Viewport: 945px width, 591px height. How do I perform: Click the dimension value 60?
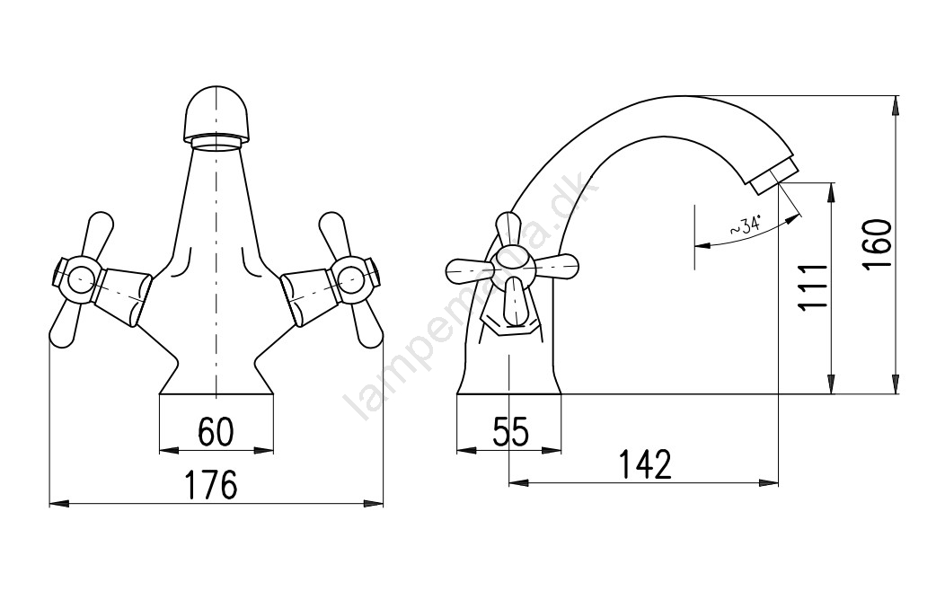click(216, 430)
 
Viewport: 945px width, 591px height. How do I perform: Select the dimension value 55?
click(510, 431)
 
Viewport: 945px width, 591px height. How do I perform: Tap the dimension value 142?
click(645, 463)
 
